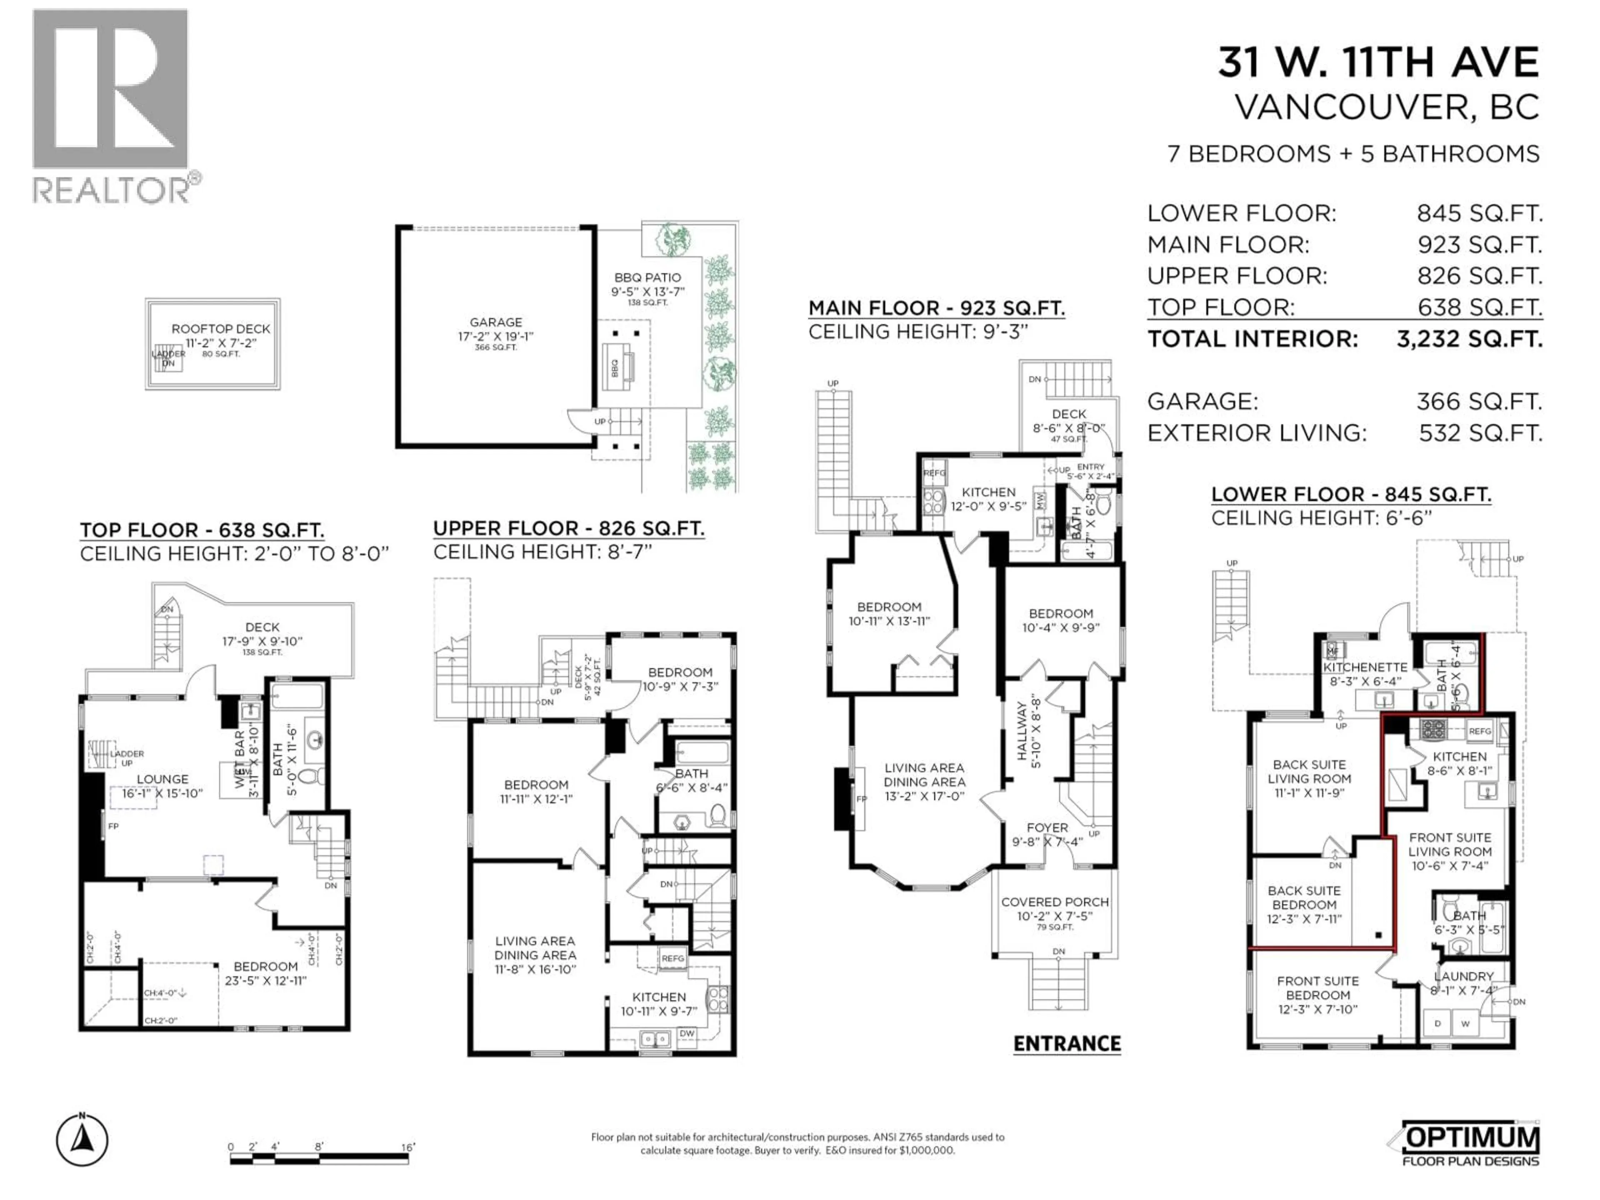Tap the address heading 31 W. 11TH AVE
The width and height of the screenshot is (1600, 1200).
coord(1378,63)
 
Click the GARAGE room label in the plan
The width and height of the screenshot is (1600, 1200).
coord(495,322)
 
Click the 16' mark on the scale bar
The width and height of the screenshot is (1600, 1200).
coord(408,1147)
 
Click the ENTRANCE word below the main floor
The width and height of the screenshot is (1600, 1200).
coord(1067,1044)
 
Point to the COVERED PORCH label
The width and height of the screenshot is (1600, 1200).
coord(1055,902)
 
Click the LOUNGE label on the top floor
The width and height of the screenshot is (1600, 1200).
coord(163,779)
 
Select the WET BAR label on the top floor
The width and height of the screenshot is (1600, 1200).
coord(240,760)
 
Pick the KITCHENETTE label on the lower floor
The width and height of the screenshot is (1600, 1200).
coord(1365,667)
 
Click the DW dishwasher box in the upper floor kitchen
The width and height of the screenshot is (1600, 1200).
coord(686,1034)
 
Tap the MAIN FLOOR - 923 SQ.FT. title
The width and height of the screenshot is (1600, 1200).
coord(936,309)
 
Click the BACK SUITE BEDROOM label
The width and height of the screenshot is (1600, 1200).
coord(1304,897)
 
